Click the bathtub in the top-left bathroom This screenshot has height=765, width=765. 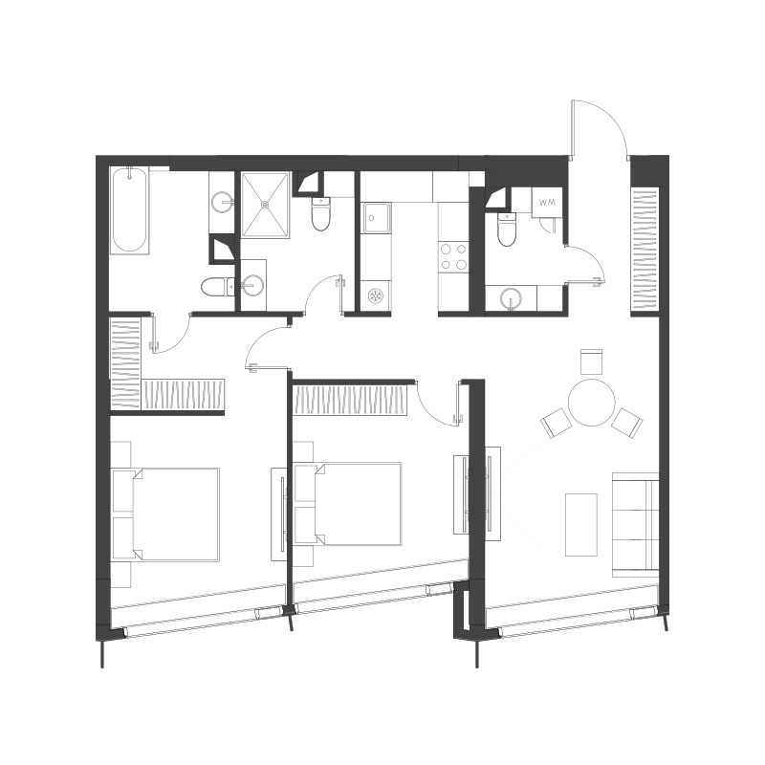(129, 210)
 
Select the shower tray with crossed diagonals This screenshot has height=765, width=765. (266, 205)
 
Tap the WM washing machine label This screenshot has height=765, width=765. (547, 202)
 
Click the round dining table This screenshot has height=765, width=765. (591, 403)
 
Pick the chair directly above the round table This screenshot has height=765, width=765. (591, 361)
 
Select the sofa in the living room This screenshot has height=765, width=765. (636, 524)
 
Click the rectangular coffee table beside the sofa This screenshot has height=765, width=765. (581, 524)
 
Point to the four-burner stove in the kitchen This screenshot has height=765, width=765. (453, 257)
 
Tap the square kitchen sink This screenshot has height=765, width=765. (376, 218)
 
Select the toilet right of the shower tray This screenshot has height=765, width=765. (320, 213)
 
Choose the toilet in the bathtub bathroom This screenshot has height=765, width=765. (218, 286)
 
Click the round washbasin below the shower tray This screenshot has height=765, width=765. (253, 285)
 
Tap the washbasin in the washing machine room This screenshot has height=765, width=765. (511, 298)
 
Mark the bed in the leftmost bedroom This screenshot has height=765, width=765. (165, 514)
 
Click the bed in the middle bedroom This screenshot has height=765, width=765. (348, 504)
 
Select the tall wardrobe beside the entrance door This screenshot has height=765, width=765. (645, 250)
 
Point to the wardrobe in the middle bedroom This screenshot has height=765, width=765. (350, 401)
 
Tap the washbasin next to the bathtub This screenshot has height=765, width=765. (222, 202)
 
